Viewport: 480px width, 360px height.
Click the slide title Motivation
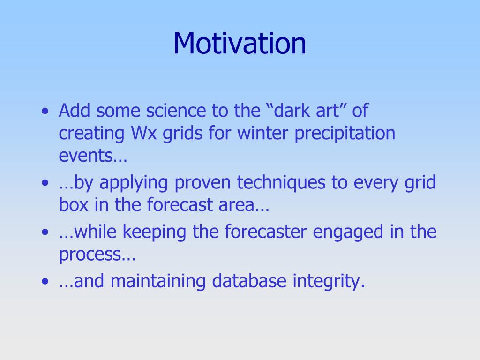[x=240, y=44]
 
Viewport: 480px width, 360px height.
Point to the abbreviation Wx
[x=144, y=133]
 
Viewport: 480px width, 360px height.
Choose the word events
[x=87, y=156]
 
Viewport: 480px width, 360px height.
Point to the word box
[x=74, y=204]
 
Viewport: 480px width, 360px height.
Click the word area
[x=237, y=205]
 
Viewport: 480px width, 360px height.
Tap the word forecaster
[x=265, y=231]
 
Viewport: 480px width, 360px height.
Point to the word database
[x=249, y=281]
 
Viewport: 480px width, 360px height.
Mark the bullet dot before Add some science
[x=45, y=111]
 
